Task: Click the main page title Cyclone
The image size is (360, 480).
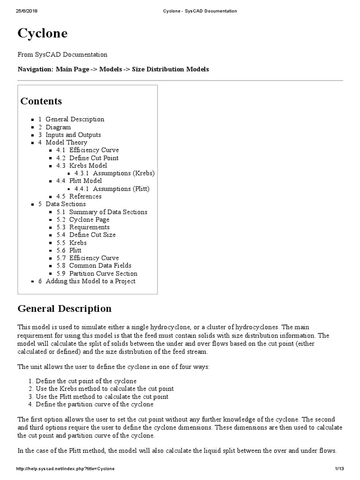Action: point(43,34)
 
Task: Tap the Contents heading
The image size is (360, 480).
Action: point(41,101)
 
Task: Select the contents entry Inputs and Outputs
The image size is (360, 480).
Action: point(73,135)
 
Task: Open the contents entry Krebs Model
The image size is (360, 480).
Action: point(88,165)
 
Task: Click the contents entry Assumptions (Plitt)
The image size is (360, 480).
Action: point(121,188)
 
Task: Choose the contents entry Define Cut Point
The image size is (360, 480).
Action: point(94,158)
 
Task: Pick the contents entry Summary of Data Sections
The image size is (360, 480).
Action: point(108,212)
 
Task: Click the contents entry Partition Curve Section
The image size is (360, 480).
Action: point(103,273)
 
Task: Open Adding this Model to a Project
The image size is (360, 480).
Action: point(90,281)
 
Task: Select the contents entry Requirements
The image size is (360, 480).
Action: point(89,227)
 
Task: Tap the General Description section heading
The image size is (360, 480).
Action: point(65,308)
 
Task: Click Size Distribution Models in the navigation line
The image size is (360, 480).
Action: point(170,69)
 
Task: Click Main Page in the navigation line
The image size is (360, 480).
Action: point(72,69)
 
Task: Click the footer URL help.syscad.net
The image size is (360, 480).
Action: point(66,469)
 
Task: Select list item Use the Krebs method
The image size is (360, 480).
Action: point(105,389)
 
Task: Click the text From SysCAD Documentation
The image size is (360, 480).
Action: point(62,55)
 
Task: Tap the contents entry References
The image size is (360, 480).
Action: point(85,196)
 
